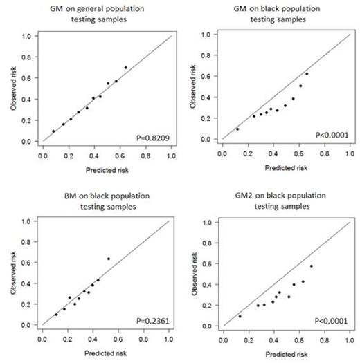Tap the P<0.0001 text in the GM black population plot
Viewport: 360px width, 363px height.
(331, 136)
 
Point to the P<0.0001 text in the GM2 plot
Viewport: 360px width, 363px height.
(331, 321)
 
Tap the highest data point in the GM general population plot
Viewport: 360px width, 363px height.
(125, 68)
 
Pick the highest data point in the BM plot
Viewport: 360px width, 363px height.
(108, 259)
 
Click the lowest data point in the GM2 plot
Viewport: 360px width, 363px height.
(240, 317)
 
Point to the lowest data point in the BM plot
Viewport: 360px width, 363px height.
(56, 315)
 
